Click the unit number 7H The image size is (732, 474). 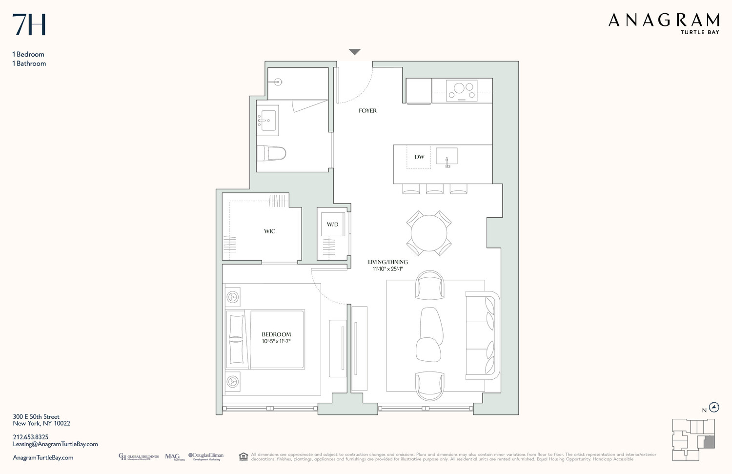29,25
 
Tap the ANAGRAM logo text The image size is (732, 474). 663,21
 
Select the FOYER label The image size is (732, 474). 367,111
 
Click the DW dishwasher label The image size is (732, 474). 419,157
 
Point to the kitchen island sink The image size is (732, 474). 447,157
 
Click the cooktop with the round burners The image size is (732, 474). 462,91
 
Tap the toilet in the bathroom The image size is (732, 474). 271,153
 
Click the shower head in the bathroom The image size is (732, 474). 278,82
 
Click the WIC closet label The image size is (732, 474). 269,231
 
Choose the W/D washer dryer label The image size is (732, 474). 332,225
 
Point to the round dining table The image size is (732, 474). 429,233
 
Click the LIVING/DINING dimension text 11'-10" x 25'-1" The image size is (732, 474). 387,269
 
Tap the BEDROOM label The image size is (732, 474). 276,334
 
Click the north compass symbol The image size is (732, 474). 714,408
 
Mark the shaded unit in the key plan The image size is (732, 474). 709,443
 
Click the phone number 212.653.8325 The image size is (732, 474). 31,437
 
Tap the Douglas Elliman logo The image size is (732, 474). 206,456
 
